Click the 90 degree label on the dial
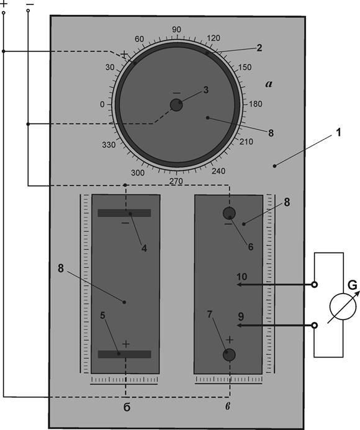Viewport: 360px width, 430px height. (x=176, y=30)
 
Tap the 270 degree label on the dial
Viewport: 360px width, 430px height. (x=176, y=181)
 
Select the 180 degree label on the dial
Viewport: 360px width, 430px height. (x=256, y=104)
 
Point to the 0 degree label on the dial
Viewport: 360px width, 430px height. (x=102, y=104)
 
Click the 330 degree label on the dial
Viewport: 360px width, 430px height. (x=109, y=145)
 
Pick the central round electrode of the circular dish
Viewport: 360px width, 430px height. (x=176, y=105)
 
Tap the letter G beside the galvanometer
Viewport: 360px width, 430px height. (x=353, y=285)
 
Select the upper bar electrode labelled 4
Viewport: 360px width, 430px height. (x=124, y=213)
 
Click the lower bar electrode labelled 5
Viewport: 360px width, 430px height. (x=124, y=354)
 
